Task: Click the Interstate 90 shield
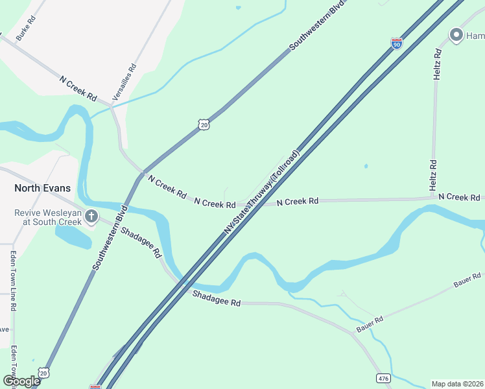397,43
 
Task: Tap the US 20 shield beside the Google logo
43,373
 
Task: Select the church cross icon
92,216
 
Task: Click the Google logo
21,381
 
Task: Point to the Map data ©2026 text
457,384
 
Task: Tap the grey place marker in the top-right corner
455,35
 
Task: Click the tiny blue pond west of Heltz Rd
366,166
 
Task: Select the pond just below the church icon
73,237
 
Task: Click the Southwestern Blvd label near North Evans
108,238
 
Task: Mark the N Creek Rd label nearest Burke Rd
78,89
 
